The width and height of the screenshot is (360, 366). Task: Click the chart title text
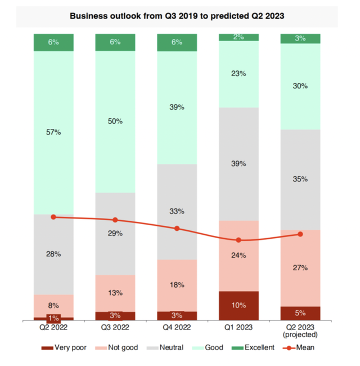[x=177, y=16]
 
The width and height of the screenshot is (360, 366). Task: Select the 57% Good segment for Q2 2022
[x=54, y=132]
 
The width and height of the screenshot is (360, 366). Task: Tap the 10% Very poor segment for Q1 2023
[x=238, y=305]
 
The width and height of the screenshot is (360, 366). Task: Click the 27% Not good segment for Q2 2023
[x=300, y=268]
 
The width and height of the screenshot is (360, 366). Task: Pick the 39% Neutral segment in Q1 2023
[x=238, y=163]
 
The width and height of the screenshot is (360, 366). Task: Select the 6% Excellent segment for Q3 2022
[x=115, y=42]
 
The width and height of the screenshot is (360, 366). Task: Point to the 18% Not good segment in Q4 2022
[x=177, y=285]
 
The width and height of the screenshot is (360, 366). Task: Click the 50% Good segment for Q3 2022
[x=115, y=122]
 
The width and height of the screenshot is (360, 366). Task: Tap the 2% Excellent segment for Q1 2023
[x=238, y=37]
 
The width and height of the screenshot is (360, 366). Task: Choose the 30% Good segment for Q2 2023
[x=300, y=86]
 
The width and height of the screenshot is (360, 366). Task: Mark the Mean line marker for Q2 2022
[x=53, y=217]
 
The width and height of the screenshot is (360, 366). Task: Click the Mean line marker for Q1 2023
[x=238, y=240]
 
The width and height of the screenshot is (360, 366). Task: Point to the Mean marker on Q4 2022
[x=177, y=229]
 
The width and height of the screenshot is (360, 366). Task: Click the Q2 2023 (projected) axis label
[x=300, y=330]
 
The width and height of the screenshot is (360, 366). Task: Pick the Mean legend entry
[x=299, y=347]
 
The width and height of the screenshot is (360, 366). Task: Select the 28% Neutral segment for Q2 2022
[x=54, y=254]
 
